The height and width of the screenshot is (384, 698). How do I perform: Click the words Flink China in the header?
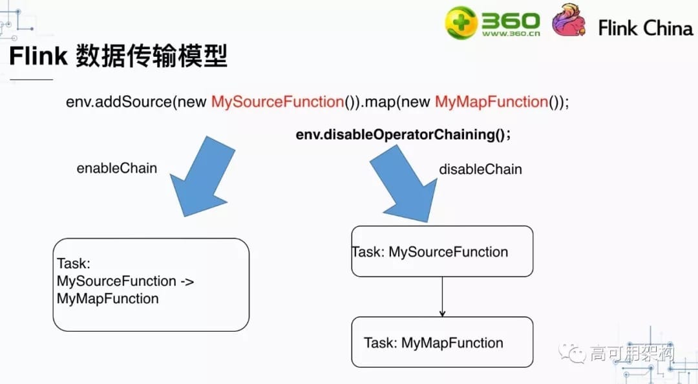tap(645, 28)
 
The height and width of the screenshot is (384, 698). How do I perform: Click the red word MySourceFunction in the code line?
tap(277, 102)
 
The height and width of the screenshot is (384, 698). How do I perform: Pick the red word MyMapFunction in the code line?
tap(491, 102)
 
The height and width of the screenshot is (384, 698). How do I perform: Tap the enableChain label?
tap(117, 168)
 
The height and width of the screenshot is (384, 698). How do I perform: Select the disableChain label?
tap(480, 169)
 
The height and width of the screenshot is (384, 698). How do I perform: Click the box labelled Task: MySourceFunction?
tap(442, 251)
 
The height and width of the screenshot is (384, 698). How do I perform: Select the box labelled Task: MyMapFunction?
tap(442, 343)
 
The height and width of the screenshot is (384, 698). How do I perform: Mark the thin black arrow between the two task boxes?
tap(442, 297)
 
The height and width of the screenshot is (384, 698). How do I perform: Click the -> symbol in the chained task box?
tap(186, 281)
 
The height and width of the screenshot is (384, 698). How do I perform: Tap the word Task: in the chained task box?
tap(74, 264)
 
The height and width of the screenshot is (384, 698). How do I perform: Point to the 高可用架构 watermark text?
tap(632, 353)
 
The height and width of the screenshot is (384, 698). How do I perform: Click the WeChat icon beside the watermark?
tap(574, 353)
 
